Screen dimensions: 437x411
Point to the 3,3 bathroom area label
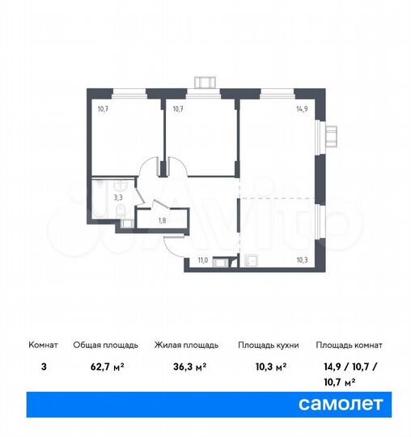118,196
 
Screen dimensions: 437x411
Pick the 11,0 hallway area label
202,260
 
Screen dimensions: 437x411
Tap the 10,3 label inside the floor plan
302,260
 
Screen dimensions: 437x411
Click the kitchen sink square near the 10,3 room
251,261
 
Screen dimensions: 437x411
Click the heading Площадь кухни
269,345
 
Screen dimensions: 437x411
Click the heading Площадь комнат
349,345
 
